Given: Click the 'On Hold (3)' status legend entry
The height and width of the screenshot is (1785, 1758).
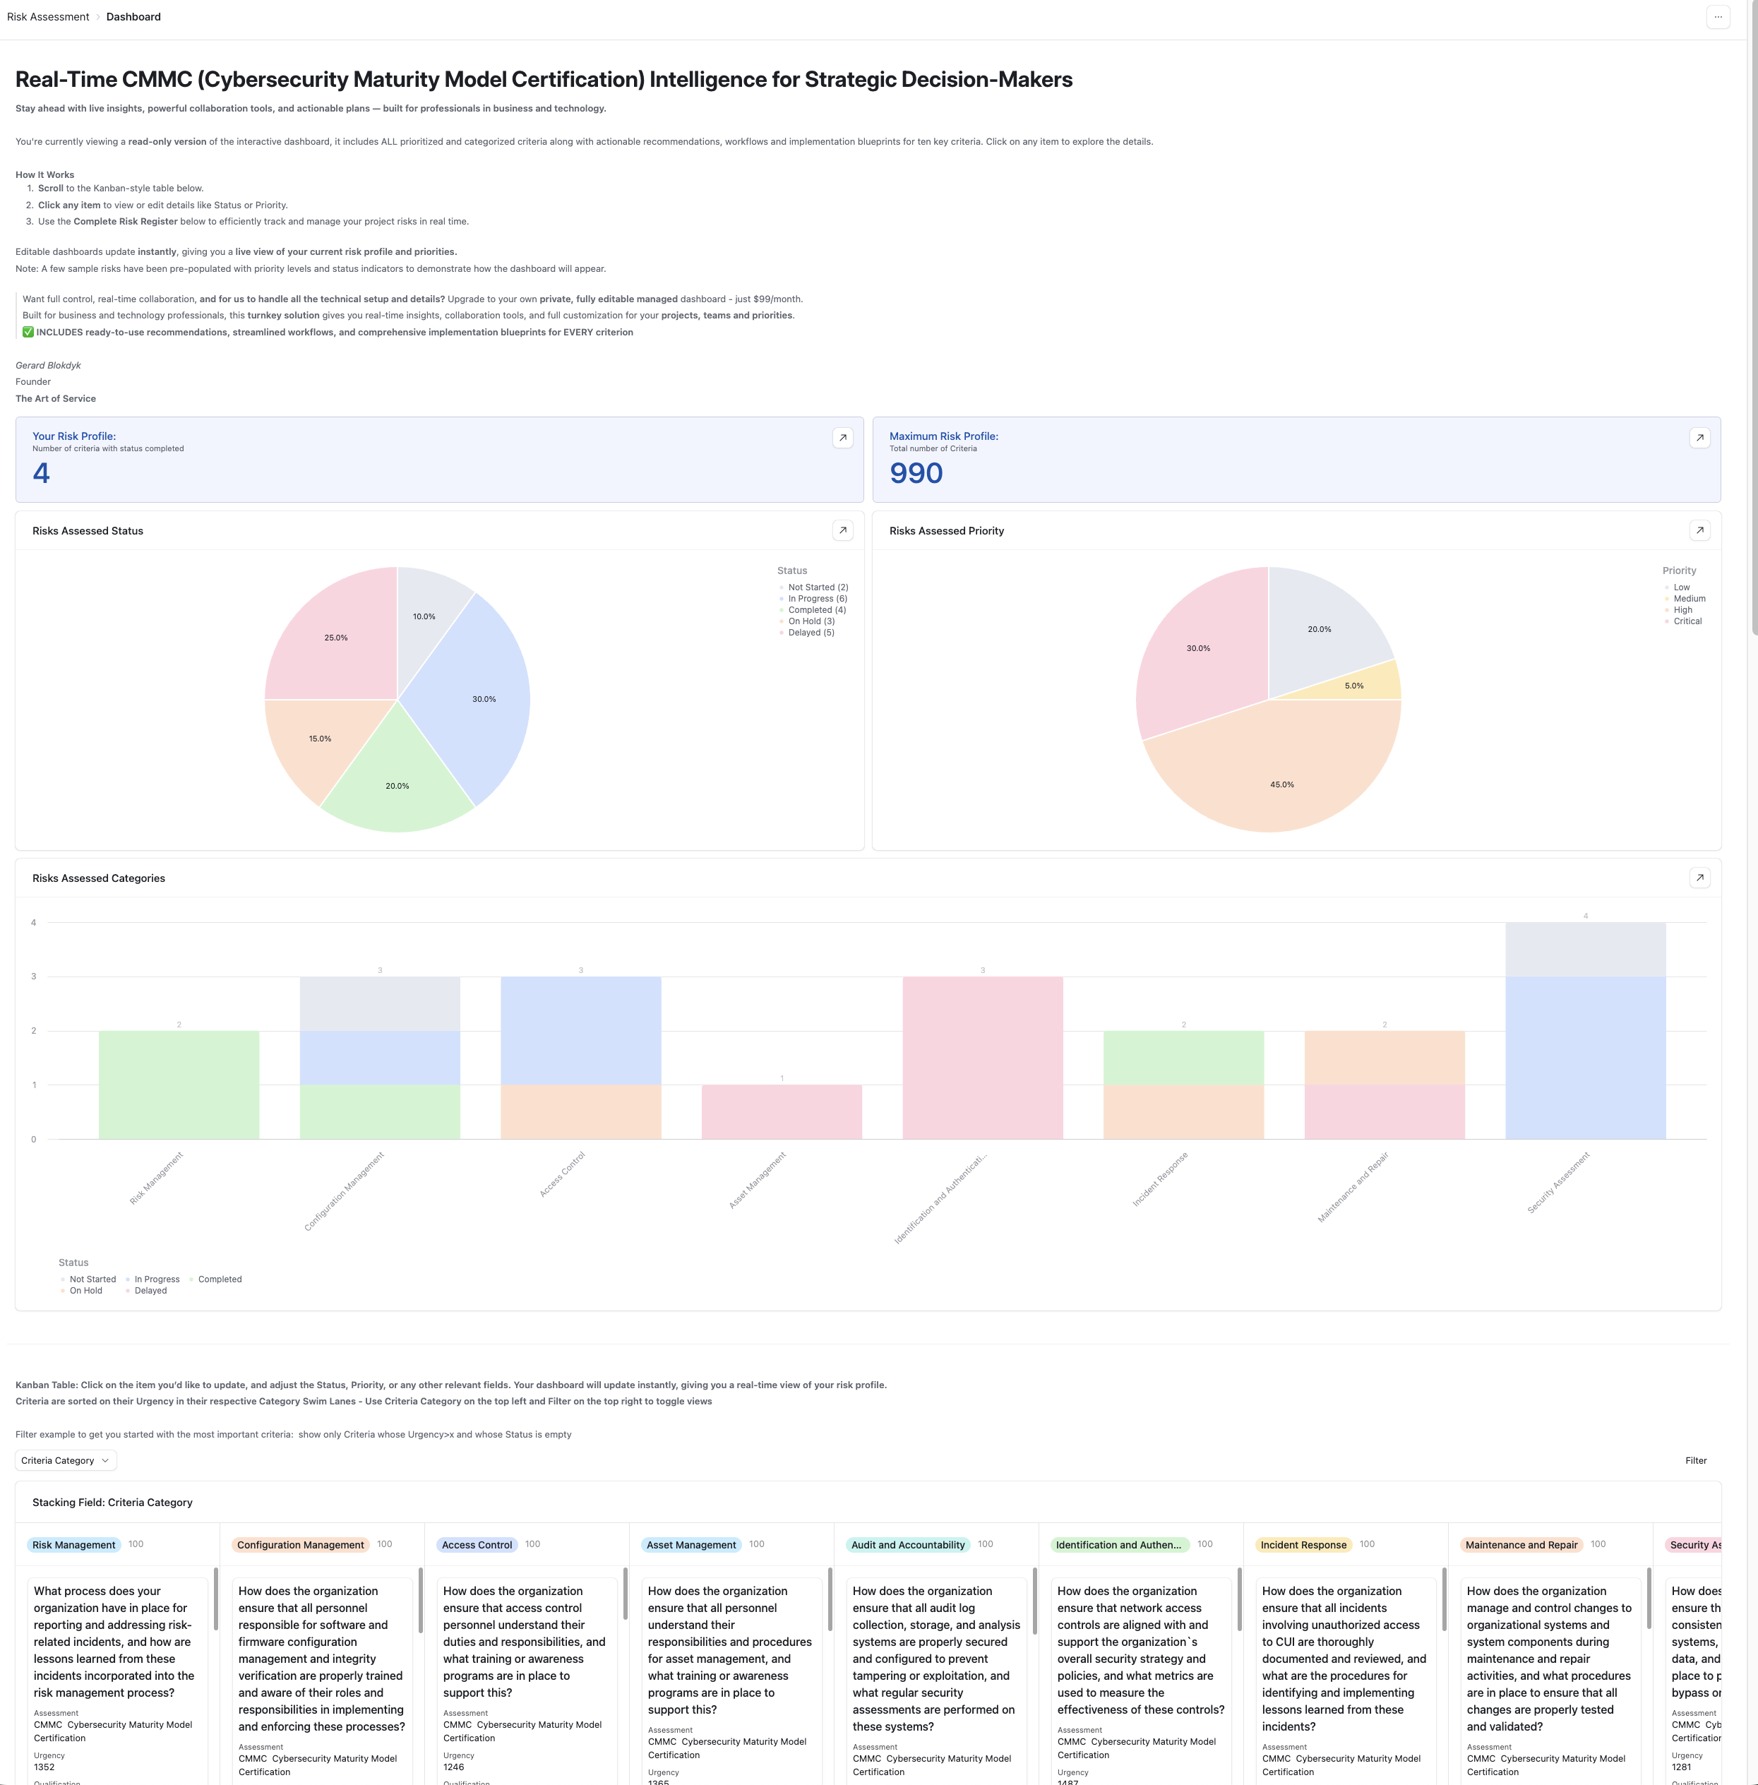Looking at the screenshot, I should click(811, 621).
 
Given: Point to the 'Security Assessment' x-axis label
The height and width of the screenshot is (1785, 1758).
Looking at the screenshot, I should click(1559, 1183).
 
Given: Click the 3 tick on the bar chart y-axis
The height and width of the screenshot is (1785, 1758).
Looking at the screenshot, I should click(34, 976).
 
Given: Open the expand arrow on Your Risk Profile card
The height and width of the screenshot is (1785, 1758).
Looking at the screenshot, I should click(842, 438).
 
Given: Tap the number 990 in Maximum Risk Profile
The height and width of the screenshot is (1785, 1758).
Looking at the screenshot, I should click(916, 473).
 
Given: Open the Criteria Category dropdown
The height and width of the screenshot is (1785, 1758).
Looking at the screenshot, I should click(66, 1460).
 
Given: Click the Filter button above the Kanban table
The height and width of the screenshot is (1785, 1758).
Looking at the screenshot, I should click(1695, 1460).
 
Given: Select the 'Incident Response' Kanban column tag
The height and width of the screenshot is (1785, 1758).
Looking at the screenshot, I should click(1303, 1545).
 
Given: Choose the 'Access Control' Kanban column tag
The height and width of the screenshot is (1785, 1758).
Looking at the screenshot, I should click(477, 1545).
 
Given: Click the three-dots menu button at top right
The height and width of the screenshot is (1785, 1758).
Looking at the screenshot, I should click(1717, 17).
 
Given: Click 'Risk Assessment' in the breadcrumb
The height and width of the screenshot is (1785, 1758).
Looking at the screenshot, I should click(48, 17).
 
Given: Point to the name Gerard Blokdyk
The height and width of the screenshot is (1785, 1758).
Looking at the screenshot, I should click(48, 365).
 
